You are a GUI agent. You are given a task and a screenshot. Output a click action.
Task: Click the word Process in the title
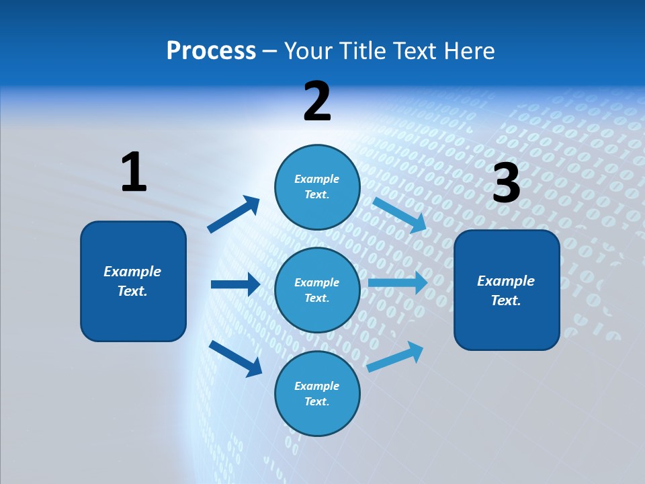211,50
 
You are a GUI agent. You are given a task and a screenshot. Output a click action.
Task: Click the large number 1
134,172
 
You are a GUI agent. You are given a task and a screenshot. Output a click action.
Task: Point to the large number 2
317,102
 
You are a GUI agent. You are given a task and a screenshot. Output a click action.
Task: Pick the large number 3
506,183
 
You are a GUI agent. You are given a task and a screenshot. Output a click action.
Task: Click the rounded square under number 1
133,281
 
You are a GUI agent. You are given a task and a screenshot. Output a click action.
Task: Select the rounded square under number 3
507,290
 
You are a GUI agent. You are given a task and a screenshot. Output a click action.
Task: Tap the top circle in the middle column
317,187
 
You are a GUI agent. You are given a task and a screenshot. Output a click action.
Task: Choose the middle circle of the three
317,290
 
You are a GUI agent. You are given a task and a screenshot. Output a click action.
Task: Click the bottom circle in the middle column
317,393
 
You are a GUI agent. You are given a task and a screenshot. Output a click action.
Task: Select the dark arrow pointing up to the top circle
234,214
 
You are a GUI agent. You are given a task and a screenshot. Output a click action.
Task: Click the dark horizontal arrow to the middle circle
235,284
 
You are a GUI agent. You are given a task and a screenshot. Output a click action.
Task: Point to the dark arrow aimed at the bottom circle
235,358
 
